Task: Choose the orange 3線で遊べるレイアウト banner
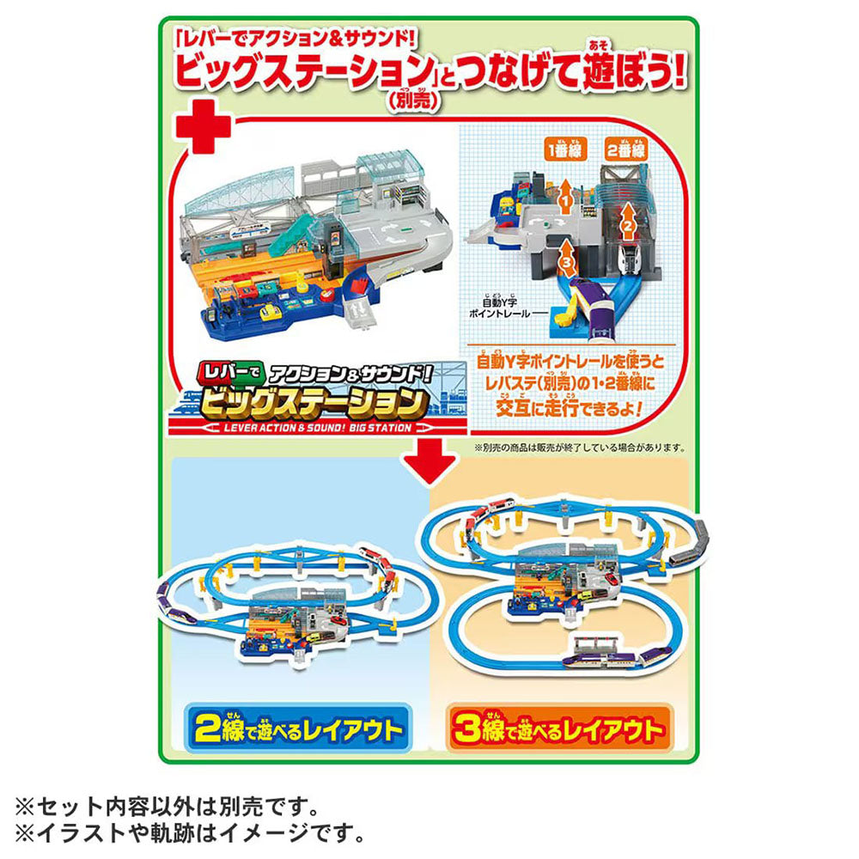pyautogui.click(x=558, y=730)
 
